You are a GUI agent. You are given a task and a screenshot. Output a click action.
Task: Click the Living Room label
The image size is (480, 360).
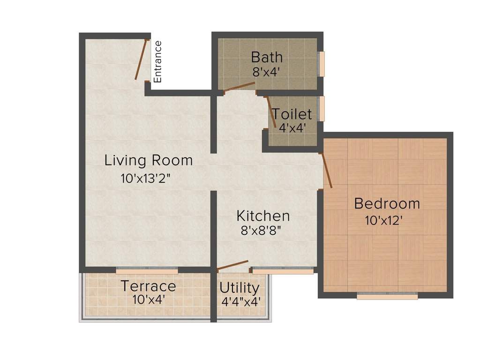coord(148,160)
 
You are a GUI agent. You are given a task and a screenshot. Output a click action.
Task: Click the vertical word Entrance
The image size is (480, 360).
coord(157,62)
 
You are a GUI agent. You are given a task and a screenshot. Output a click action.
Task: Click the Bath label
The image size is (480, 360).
coord(267,57)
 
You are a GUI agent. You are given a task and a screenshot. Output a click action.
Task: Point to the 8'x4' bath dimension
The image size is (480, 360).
coord(267,72)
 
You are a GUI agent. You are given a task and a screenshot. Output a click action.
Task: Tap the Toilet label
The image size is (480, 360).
coord(292,114)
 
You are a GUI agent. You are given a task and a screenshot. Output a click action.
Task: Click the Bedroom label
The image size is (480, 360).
coord(387,204)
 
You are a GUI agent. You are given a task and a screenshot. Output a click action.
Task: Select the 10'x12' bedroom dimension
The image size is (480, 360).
coord(384,220)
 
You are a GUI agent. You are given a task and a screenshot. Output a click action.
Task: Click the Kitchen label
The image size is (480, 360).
coord(263,216)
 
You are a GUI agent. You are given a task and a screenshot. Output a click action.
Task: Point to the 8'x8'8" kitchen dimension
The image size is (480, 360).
coord(262,231)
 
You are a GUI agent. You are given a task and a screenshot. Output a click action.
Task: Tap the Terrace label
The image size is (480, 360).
coord(149,285)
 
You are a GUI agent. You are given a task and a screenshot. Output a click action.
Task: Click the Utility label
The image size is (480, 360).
coord(239,287)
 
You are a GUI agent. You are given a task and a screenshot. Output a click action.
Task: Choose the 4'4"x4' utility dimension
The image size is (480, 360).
coord(241,301)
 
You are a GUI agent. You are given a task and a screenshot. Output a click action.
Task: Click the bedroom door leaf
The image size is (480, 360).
coord(326,170)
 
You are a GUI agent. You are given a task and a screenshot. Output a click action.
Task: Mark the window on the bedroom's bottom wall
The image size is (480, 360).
coord(387,296)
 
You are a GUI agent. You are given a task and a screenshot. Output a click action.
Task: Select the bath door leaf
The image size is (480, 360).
coord(239,87)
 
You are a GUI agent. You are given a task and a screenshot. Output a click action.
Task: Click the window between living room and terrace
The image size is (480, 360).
coord(147,270)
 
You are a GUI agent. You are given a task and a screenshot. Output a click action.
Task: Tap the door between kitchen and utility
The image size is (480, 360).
coord(233,266)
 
